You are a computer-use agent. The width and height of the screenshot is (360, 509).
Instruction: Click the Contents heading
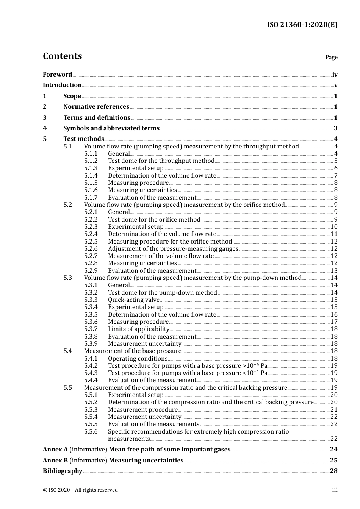pyautogui.click(x=62, y=56)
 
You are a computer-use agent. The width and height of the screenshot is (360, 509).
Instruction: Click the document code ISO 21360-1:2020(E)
pyautogui.click(x=302, y=25)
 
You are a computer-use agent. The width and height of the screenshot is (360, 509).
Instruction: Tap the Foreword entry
pyautogui.click(x=57, y=74)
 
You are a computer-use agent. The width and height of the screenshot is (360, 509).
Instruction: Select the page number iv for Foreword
pyautogui.click(x=335, y=75)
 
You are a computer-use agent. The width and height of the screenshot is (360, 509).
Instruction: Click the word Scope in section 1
pyautogui.click(x=72, y=96)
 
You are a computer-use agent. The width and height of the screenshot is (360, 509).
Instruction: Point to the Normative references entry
pyautogui.click(x=96, y=107)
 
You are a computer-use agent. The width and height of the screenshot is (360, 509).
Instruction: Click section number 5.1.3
pyautogui.click(x=91, y=168)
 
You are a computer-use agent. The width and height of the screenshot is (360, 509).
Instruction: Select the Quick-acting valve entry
pyautogui.click(x=133, y=300)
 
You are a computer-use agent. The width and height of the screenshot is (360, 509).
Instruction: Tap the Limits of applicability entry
pyautogui.click(x=138, y=329)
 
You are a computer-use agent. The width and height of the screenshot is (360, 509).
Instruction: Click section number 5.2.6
pyautogui.click(x=91, y=249)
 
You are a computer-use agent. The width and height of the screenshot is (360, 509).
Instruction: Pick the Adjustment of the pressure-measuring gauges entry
pyautogui.click(x=173, y=249)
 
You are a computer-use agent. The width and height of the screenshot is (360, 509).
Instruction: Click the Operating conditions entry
pyautogui.click(x=138, y=359)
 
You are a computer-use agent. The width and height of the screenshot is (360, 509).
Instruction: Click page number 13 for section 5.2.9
pyautogui.click(x=334, y=271)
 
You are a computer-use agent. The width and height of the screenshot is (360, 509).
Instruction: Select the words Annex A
pyautogui.click(x=55, y=450)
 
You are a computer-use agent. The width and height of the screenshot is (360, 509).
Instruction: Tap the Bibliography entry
pyautogui.click(x=63, y=471)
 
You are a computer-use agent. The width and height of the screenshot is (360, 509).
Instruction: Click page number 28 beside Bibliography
pyautogui.click(x=333, y=471)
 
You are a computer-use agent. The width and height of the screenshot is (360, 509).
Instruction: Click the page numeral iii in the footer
pyautogui.click(x=335, y=490)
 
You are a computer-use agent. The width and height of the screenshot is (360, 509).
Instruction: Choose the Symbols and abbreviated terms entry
pyautogui.click(x=111, y=128)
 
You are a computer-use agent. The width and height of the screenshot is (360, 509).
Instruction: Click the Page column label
pyautogui.click(x=331, y=57)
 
